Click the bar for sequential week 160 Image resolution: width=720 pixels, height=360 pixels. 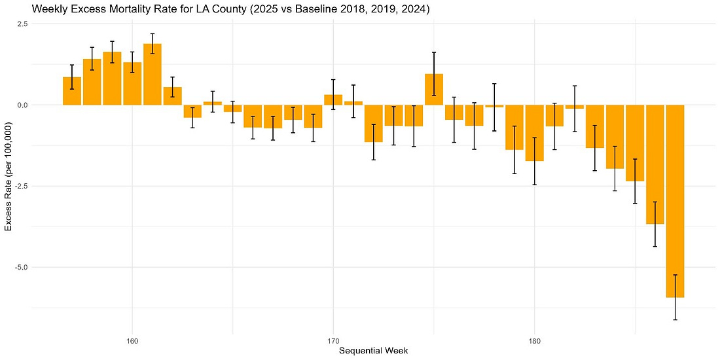point(132,84)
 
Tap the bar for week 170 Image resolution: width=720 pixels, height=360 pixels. point(333,100)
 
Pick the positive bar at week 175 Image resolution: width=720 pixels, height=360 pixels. point(434,90)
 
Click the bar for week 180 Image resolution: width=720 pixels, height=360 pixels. point(535,133)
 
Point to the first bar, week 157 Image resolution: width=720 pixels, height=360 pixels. point(72,91)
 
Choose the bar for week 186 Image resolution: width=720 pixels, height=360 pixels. point(655,164)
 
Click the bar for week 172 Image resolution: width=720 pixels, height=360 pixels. point(374,124)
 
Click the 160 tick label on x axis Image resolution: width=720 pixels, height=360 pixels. point(132,340)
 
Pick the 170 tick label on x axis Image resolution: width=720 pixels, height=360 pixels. point(333,340)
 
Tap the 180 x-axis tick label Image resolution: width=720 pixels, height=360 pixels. point(535,340)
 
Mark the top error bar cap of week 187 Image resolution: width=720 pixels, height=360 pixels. point(675,275)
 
